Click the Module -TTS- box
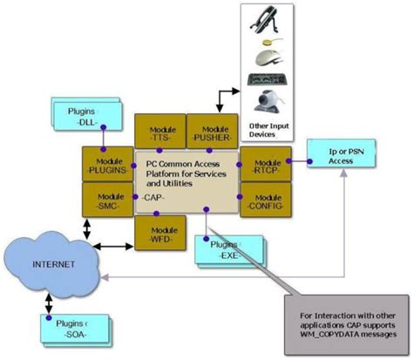(x=160, y=130)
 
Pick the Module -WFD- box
(x=160, y=233)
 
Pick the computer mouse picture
(x=268, y=57)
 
